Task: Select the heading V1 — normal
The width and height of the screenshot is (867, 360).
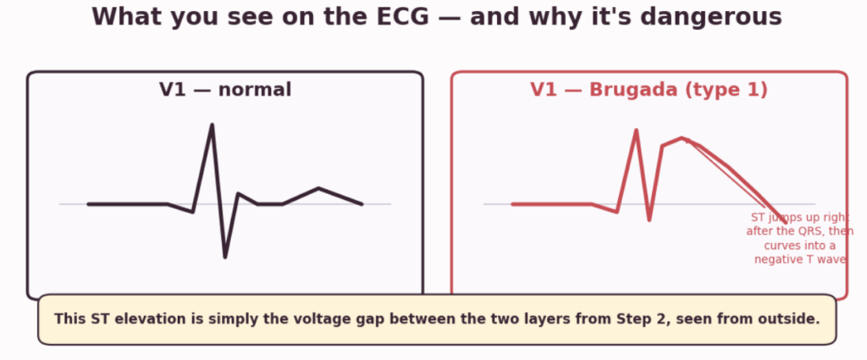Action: pos(225,90)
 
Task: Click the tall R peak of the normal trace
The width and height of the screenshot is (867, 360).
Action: pos(212,125)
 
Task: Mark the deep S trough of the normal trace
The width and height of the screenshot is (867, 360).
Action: pos(225,257)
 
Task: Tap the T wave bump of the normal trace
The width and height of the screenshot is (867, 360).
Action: pos(318,189)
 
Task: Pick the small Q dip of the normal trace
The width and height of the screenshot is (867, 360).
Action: pos(192,211)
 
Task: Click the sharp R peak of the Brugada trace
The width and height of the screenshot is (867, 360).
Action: pos(637,131)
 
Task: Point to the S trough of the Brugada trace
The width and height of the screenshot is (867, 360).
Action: pos(649,219)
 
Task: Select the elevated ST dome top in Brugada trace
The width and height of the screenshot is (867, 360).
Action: pos(682,138)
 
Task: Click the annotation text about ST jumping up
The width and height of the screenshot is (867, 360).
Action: pos(799,238)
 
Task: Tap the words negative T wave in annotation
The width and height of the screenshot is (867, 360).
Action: pos(800,259)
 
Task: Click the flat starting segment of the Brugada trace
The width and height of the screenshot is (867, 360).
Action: pos(552,204)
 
